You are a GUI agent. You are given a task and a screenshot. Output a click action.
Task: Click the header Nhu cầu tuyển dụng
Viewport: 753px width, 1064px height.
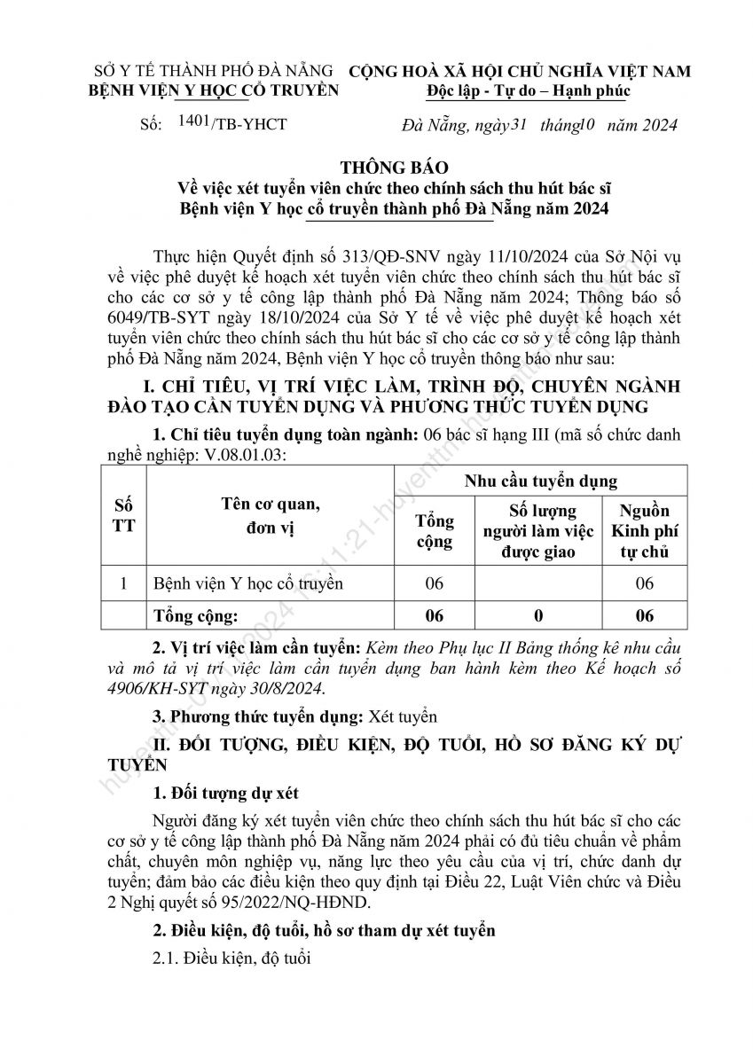pos(542,481)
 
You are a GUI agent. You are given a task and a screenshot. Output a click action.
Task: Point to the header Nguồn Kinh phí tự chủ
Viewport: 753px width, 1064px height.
pos(645,531)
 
